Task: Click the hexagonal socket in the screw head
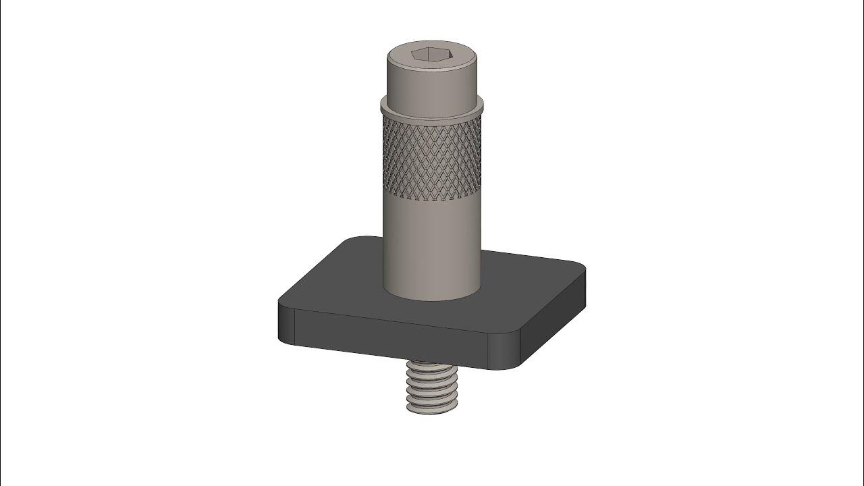click(432, 55)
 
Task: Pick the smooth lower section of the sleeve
click(432, 243)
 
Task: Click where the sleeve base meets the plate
click(432, 299)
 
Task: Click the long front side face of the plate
click(391, 334)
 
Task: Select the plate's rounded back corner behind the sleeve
click(358, 240)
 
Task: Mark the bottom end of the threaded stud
click(432, 410)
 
